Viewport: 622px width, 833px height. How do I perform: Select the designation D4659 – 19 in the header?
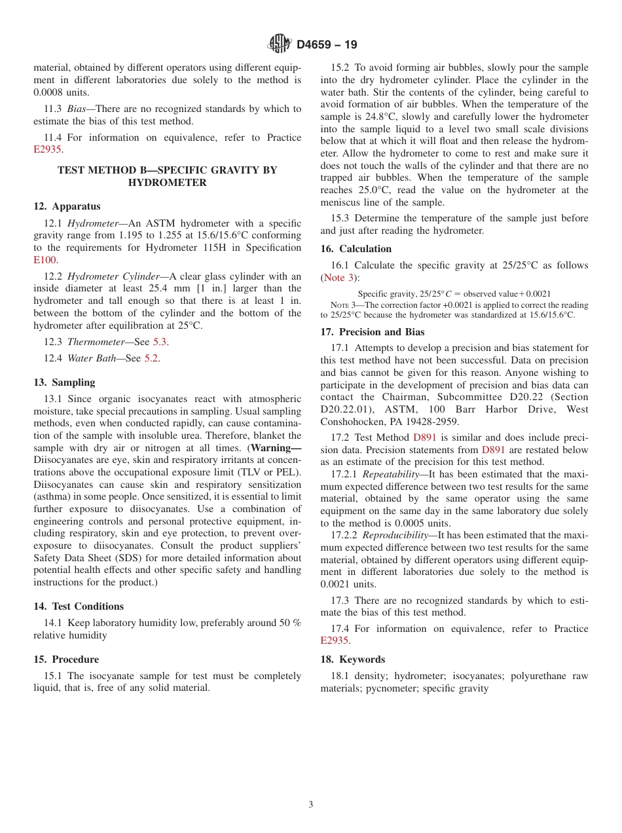[x=327, y=45]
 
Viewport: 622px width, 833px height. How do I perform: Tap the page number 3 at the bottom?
[x=311, y=804]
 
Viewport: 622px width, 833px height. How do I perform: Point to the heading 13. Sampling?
[x=64, y=382]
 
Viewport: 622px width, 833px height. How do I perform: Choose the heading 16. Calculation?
[x=356, y=249]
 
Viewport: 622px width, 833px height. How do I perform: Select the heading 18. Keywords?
[x=353, y=659]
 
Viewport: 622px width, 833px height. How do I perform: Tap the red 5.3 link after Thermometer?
[x=160, y=342]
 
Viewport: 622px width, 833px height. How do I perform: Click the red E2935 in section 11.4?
[x=47, y=149]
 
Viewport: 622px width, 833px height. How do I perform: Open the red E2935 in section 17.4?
[x=335, y=640]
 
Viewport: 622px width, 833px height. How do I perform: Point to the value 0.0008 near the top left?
[x=48, y=92]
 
